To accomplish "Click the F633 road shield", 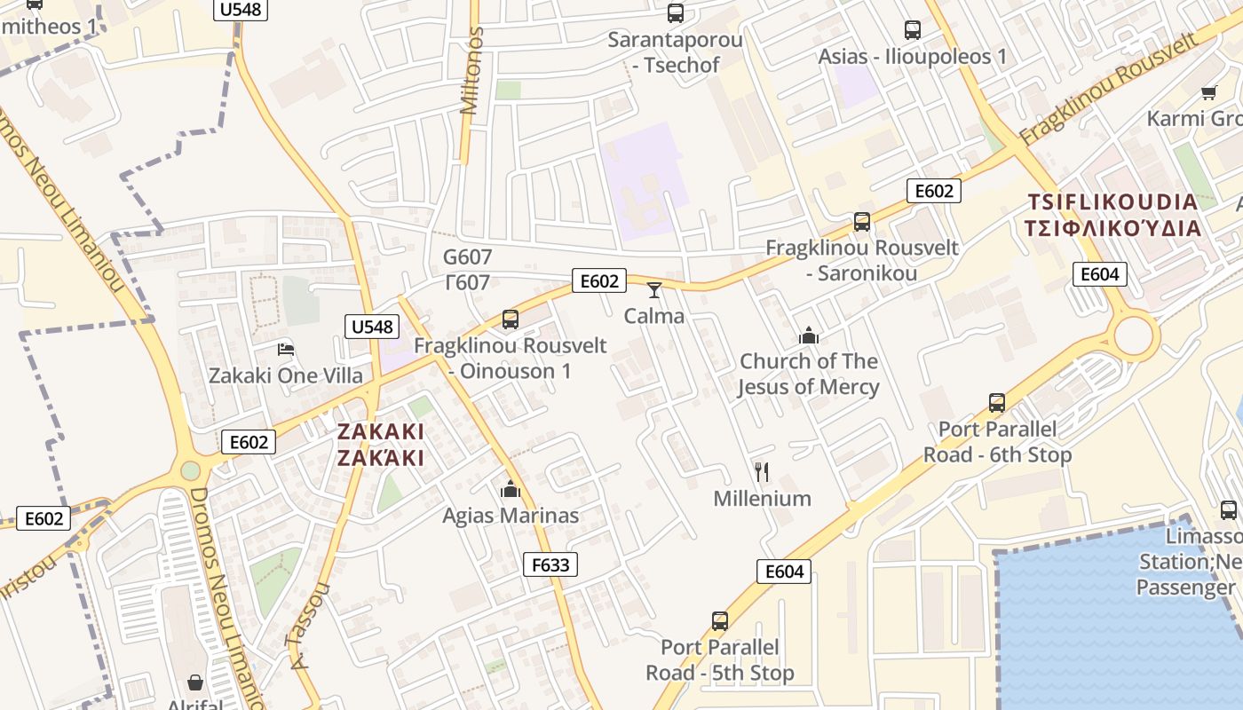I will click(x=550, y=564).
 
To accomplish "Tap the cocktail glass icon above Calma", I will click(x=654, y=289).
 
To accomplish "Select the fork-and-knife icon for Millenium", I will click(x=761, y=471).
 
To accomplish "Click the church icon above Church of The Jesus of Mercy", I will click(x=808, y=335).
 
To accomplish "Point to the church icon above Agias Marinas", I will click(x=510, y=489).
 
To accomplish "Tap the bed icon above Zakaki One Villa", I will click(x=286, y=349).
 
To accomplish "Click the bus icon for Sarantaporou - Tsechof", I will click(x=676, y=13).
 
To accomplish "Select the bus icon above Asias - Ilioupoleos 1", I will click(x=913, y=30).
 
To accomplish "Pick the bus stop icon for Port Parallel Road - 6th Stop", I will click(x=997, y=403).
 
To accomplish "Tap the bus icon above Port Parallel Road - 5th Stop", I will click(x=720, y=620).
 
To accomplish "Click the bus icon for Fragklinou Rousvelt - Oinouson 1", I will click(x=510, y=319).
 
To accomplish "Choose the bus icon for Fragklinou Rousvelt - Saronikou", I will click(x=862, y=221).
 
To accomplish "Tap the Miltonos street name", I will click(x=472, y=71).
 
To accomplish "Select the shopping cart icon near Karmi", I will click(x=1208, y=92).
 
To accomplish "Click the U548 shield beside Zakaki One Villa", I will click(x=371, y=327).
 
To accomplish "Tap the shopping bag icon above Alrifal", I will click(x=195, y=682).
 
